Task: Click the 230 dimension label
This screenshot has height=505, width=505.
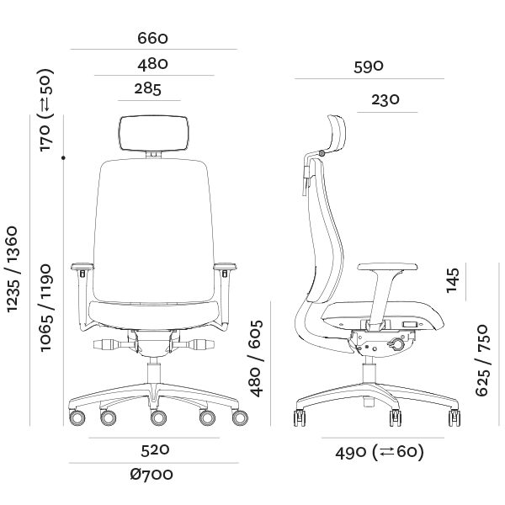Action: tap(385, 100)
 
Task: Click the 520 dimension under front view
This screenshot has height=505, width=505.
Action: tap(154, 449)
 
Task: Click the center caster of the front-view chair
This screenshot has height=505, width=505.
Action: tap(157, 417)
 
